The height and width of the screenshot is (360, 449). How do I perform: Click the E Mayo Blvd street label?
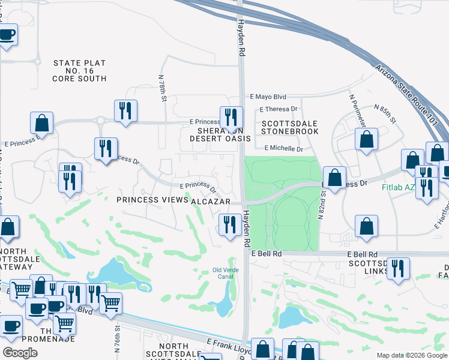tap(268, 97)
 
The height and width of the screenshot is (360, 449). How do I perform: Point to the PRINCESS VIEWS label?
tap(152, 200)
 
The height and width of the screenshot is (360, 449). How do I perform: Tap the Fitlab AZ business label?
tap(397, 187)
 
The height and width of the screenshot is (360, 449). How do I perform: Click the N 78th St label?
tap(162, 88)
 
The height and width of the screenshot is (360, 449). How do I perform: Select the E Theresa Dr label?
tap(279, 109)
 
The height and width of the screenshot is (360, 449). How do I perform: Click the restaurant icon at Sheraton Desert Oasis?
tap(231, 117)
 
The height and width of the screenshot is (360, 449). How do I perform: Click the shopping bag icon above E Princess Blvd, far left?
tap(42, 122)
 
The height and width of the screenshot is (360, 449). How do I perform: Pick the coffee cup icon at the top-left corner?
tap(6, 34)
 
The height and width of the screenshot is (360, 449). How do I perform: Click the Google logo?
tap(20, 353)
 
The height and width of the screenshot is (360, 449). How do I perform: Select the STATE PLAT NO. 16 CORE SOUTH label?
tap(79, 71)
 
